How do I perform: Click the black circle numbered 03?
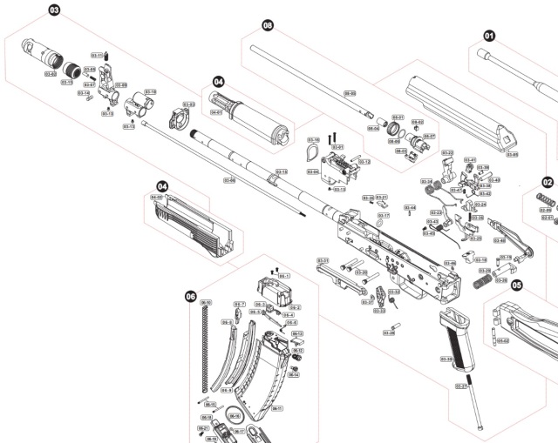click(54, 11)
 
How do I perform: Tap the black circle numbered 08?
click(268, 26)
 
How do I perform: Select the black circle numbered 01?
click(489, 37)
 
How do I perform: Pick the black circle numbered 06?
click(191, 296)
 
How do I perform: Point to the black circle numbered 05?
click(517, 284)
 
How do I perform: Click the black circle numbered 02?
click(548, 183)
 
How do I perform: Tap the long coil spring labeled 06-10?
click(208, 348)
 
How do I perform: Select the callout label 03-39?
click(446, 359)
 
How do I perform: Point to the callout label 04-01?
click(216, 112)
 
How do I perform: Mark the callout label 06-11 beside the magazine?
click(277, 407)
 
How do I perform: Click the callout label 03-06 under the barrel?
click(229, 180)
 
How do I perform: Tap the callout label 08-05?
click(350, 93)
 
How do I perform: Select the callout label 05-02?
click(502, 340)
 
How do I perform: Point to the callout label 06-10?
click(207, 302)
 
